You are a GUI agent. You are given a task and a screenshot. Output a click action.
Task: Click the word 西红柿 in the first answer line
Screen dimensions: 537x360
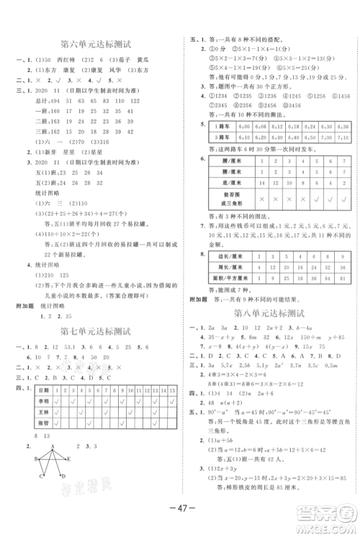[63, 60]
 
